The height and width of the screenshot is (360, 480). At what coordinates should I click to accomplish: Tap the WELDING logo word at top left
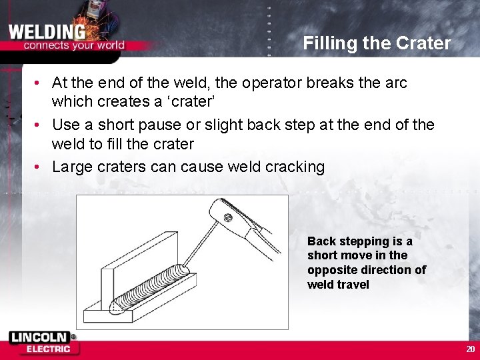coord(47,31)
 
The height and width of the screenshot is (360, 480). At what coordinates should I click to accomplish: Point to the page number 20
coord(470,349)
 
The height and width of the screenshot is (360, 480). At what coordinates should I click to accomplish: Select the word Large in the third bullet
coord(71,167)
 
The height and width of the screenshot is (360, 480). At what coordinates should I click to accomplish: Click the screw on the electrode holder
coord(228,217)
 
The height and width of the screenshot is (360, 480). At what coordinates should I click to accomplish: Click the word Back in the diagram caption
coord(321,241)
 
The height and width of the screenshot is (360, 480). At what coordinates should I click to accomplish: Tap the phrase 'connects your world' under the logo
coord(73,45)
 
